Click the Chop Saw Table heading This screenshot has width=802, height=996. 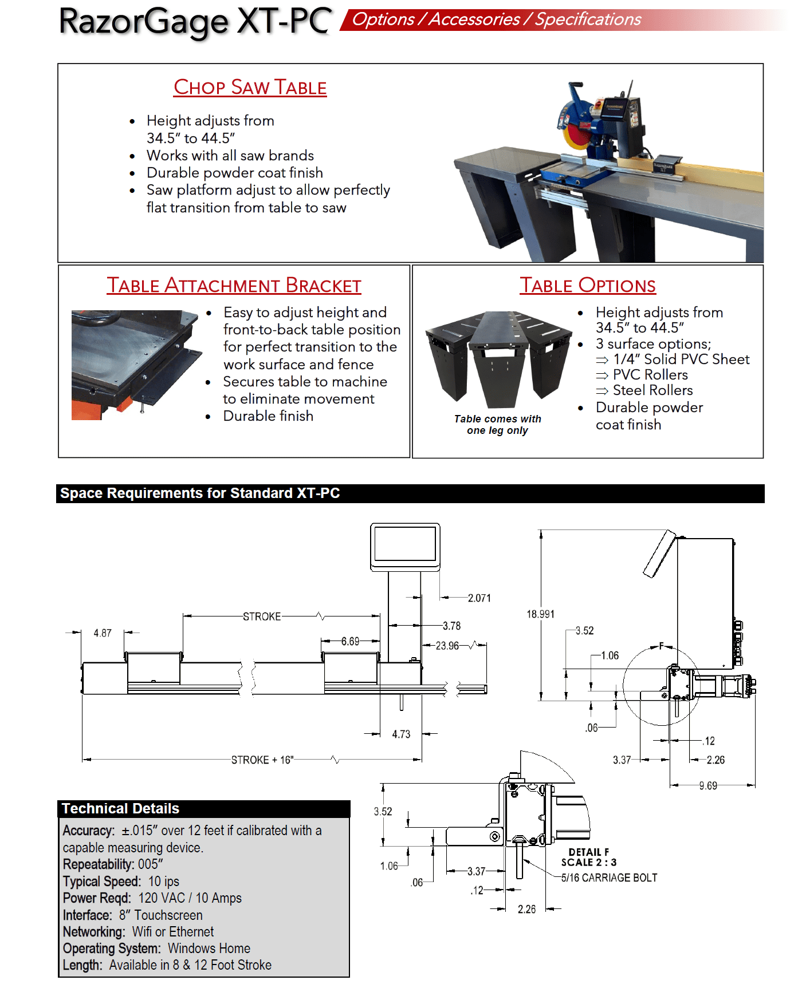coord(250,87)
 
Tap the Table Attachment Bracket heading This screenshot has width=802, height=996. coord(234,285)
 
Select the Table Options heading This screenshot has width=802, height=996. coord(587,285)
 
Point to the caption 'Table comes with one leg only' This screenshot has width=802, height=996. coord(497,425)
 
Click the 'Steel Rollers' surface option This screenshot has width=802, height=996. coord(652,390)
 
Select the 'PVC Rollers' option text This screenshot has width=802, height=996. coord(650,375)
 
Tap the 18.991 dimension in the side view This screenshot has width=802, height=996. coord(540,614)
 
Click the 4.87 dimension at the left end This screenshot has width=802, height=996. coord(103,633)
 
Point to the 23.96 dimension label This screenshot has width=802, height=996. coord(447,646)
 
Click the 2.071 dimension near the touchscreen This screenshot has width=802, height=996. coord(479,598)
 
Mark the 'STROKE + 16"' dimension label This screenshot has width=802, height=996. coord(262,760)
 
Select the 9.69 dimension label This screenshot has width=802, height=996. coord(708,786)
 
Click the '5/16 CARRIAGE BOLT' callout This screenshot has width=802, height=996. coord(609,878)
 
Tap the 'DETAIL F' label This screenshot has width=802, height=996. coord(588,852)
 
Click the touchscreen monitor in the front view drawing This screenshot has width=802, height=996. coord(405,545)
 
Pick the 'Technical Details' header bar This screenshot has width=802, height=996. coord(203,809)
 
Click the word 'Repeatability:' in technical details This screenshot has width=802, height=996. coord(98,864)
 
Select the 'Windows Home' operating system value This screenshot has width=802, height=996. coord(209,948)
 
